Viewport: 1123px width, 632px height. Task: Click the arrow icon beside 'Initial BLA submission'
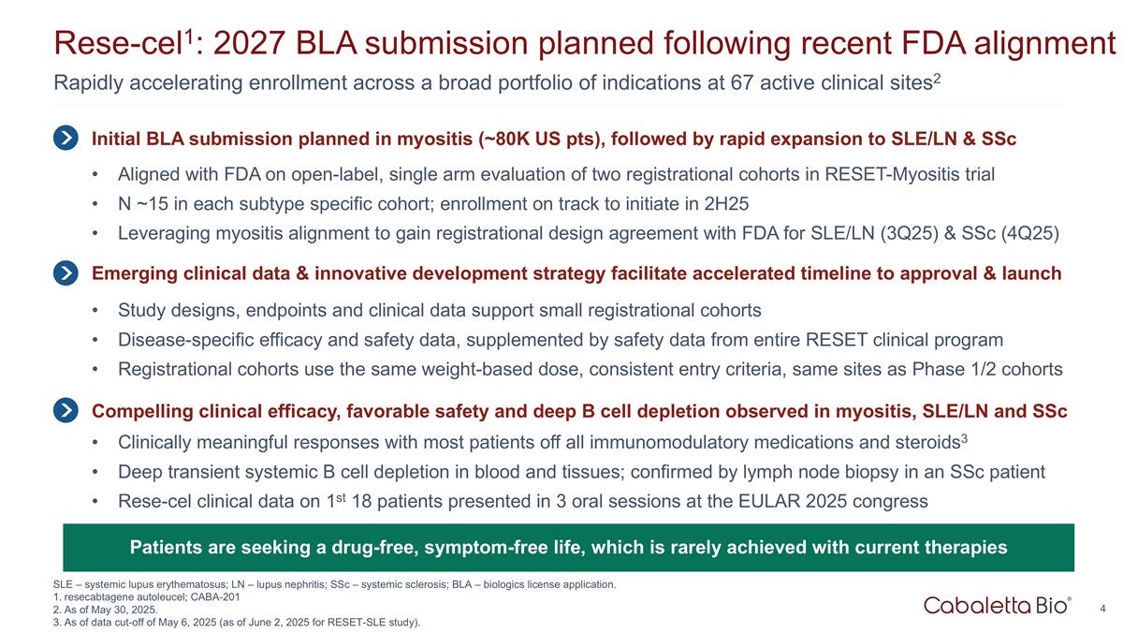pyautogui.click(x=66, y=139)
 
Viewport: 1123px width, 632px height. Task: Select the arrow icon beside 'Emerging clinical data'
pyautogui.click(x=66, y=273)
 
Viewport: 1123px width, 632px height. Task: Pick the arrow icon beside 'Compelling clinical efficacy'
pyautogui.click(x=66, y=410)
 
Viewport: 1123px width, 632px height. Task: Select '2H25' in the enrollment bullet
pyautogui.click(x=728, y=203)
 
